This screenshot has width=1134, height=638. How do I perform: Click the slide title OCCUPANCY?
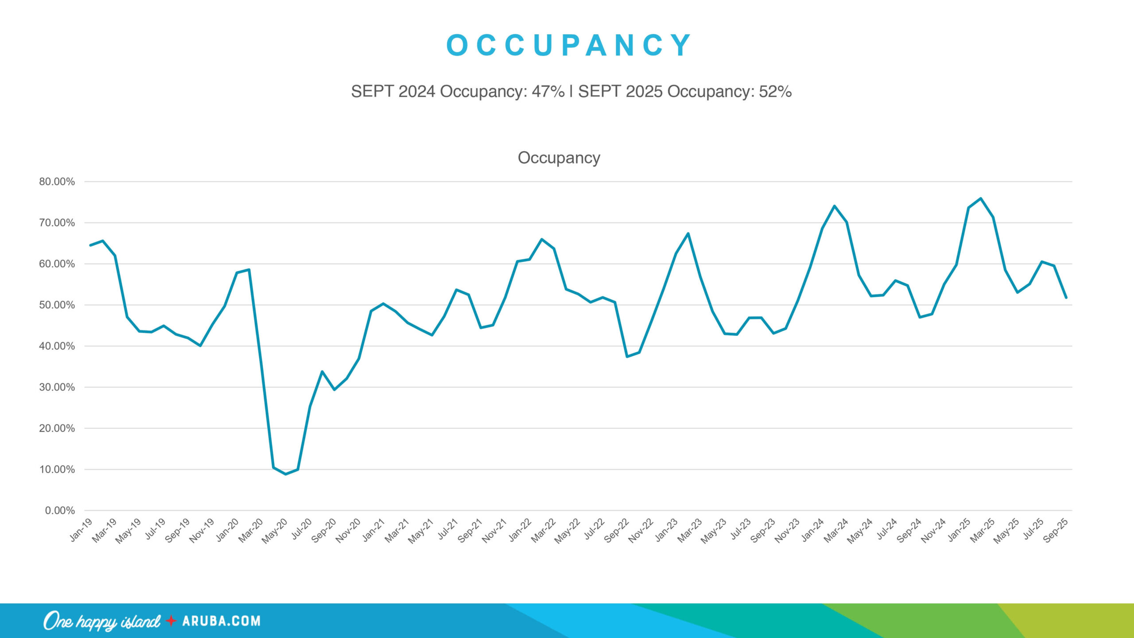(x=568, y=45)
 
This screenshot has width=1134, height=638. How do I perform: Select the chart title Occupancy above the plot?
(x=559, y=158)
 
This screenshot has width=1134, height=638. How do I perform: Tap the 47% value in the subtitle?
(x=548, y=91)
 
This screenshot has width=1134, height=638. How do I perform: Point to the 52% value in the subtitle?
(x=775, y=91)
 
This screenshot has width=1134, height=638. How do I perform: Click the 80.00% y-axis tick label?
(x=57, y=182)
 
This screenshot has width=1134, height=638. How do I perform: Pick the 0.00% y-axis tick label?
(x=60, y=510)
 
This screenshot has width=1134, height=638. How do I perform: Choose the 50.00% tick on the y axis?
(x=57, y=305)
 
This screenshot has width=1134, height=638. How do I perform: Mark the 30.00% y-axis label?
(x=57, y=387)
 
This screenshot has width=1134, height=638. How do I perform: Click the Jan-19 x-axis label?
(x=82, y=530)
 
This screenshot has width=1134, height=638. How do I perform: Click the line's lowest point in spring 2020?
(x=286, y=474)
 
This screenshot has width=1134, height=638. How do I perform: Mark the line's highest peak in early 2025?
(x=981, y=198)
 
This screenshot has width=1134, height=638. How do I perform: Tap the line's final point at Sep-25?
(x=1066, y=297)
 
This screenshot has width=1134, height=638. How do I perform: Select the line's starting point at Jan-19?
(x=90, y=245)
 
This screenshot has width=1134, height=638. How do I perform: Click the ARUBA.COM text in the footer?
(x=221, y=621)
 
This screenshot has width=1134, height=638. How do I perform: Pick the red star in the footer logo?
(x=171, y=621)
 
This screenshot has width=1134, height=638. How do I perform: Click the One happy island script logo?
(x=102, y=621)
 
